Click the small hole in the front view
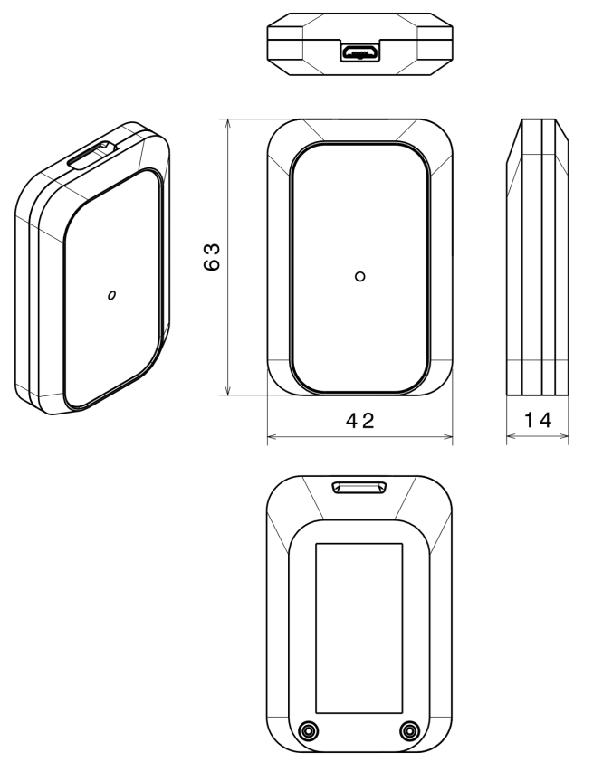tap(360, 275)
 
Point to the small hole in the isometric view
tap(111, 295)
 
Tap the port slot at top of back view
tap(360, 489)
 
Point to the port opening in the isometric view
tap(91, 157)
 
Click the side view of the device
tap(537, 258)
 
